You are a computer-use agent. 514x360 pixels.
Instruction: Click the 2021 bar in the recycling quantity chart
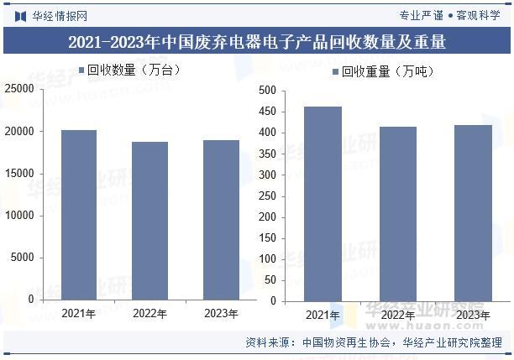tap(79, 215)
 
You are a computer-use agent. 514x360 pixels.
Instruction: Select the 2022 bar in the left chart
tap(149, 221)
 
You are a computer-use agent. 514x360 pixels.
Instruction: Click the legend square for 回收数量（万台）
tap(82, 70)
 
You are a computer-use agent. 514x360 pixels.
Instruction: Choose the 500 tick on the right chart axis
tap(267, 90)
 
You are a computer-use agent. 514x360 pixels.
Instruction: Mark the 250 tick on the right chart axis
tap(267, 196)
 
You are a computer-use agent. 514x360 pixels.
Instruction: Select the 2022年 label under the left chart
tap(149, 313)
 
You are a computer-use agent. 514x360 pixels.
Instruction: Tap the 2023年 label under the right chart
tap(473, 315)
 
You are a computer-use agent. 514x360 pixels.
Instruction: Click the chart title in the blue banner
tap(257, 42)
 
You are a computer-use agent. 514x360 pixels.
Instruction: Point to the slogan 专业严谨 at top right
tap(420, 15)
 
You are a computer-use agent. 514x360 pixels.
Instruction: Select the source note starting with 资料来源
tap(374, 342)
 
